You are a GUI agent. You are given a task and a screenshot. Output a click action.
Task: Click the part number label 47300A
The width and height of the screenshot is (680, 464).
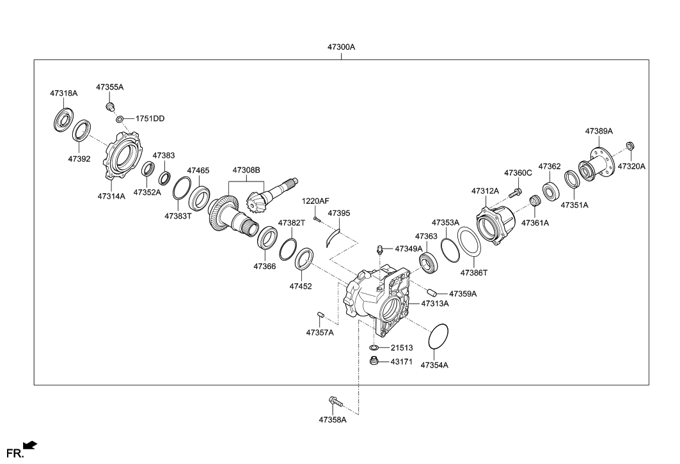(x=341, y=47)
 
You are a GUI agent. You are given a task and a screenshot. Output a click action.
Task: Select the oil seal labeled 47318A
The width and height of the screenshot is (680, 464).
(x=63, y=121)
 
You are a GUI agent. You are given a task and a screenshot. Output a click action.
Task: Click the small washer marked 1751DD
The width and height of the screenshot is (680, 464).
(x=120, y=119)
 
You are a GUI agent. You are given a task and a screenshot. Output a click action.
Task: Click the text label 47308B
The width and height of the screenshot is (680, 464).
(x=246, y=171)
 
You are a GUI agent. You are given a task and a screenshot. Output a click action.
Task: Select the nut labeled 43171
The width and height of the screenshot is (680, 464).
(x=374, y=362)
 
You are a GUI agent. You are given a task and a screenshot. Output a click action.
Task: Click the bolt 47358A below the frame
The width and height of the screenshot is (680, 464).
(x=335, y=401)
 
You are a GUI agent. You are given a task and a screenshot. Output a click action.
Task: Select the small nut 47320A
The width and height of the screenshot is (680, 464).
(x=629, y=146)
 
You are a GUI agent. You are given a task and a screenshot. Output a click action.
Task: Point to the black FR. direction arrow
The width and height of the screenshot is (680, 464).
(x=29, y=445)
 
